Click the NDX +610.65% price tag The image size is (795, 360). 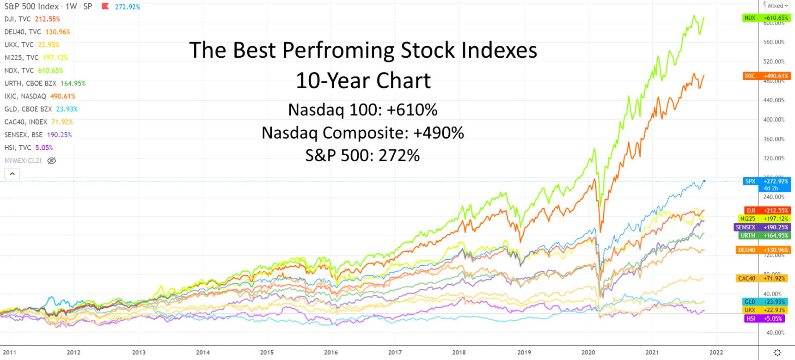(x=766, y=18)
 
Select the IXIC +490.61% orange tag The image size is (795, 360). (x=766, y=76)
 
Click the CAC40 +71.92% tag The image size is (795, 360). (x=763, y=278)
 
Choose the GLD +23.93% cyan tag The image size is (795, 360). (x=766, y=301)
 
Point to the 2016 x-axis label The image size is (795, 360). (x=330, y=352)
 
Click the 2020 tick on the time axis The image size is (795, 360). (x=588, y=352)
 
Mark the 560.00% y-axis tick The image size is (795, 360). (x=774, y=42)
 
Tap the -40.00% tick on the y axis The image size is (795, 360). (x=774, y=333)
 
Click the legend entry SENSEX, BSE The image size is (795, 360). (x=38, y=135)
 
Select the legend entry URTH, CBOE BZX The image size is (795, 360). (x=45, y=83)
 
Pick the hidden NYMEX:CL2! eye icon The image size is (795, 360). (x=52, y=161)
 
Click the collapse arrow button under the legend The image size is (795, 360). (x=12, y=174)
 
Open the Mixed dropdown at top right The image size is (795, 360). (x=777, y=6)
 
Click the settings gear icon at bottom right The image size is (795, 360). (x=777, y=353)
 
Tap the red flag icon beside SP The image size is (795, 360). (x=105, y=6)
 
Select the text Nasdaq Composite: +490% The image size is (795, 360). (x=363, y=133)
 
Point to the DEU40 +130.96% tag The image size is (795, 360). (x=763, y=250)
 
